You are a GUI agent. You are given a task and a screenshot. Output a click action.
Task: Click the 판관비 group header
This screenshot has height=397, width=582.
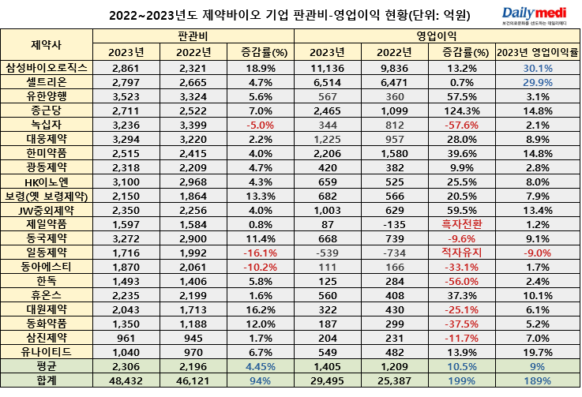[x=193, y=36]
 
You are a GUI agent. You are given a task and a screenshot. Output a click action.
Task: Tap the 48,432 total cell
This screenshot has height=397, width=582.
[x=127, y=380]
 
